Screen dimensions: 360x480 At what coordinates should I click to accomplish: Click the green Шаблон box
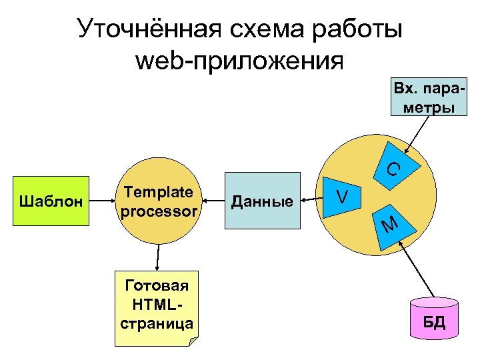(51, 201)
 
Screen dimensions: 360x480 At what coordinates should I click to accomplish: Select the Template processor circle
(159, 201)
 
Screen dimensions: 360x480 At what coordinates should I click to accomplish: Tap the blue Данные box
(261, 201)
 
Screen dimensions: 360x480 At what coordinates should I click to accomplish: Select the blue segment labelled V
(343, 196)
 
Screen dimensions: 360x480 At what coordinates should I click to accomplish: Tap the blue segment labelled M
(393, 227)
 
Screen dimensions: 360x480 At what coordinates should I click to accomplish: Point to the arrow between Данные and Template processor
(213, 199)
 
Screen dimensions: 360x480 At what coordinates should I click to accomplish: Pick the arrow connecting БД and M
(421, 270)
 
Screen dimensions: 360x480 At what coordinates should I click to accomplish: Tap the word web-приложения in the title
(239, 61)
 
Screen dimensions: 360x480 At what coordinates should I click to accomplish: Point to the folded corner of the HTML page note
(193, 341)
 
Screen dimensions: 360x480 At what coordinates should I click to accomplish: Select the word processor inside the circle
(159, 211)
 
